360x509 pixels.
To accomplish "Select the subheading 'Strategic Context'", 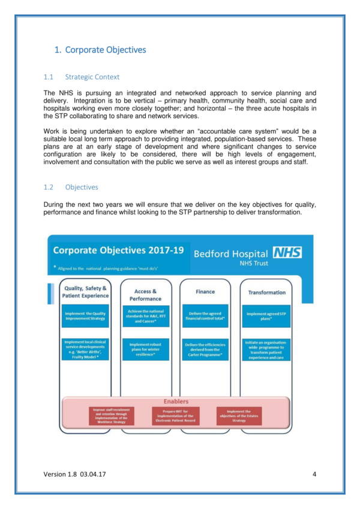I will pyautogui.click(x=92, y=77).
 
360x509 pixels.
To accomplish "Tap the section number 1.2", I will pyautogui.click(x=49, y=187).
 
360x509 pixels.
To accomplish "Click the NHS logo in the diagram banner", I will pyautogui.click(x=287, y=253).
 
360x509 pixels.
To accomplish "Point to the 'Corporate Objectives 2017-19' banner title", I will pyautogui.click(x=118, y=251).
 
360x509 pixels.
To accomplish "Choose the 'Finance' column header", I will pyautogui.click(x=205, y=291).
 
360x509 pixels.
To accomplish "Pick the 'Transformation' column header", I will pyautogui.click(x=266, y=293).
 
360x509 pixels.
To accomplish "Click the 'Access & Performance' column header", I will pyautogui.click(x=145, y=294).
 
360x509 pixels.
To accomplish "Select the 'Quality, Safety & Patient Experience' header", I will pyautogui.click(x=86, y=292).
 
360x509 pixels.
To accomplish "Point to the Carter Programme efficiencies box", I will pyautogui.click(x=205, y=350).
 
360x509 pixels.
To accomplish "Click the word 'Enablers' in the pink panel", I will pyautogui.click(x=176, y=400).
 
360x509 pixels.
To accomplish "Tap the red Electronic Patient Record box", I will pyautogui.click(x=176, y=415).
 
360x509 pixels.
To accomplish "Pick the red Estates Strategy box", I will pyautogui.click(x=239, y=415).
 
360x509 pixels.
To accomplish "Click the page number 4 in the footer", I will pyautogui.click(x=314, y=474).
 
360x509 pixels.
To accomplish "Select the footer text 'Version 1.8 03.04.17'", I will pyautogui.click(x=75, y=474).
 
